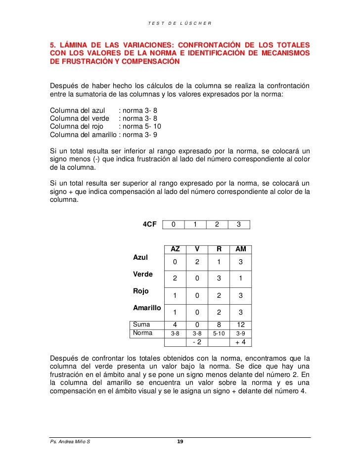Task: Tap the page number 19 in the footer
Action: pos(180,442)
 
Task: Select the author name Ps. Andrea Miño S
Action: pos(70,442)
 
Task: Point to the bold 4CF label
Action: pos(149,224)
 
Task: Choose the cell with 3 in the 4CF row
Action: pos(239,225)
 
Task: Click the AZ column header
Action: pos(175,249)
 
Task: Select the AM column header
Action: pos(241,249)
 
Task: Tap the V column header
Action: pos(197,249)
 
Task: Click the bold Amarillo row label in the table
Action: pos(147,308)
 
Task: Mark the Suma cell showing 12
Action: pos(241,325)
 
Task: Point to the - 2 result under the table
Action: pos(197,342)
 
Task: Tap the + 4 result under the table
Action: pos(241,342)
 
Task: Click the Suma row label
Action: pos(142,325)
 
